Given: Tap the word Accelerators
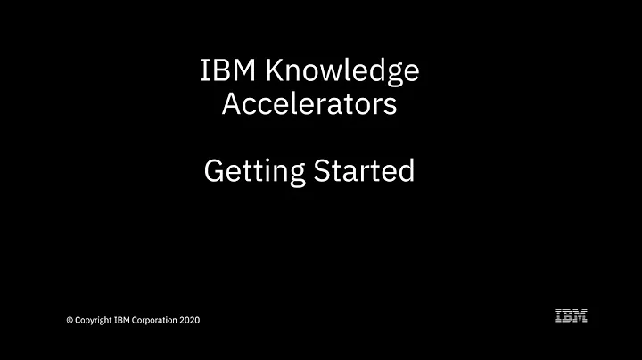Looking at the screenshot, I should pyautogui.click(x=309, y=105).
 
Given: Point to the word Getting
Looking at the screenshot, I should pyautogui.click(x=251, y=171).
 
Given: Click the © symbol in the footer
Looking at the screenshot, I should pyautogui.click(x=70, y=320).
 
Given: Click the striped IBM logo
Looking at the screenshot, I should pyautogui.click(x=571, y=315).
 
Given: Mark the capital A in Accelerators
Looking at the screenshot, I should pyautogui.click(x=229, y=105).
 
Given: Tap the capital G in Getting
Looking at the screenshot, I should pyautogui.click(x=214, y=169).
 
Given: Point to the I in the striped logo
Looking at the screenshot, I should pyautogui.click(x=558, y=315).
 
